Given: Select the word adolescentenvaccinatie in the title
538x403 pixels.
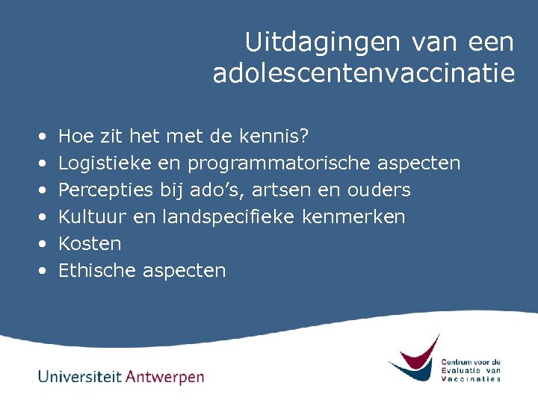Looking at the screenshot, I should pos(364,74).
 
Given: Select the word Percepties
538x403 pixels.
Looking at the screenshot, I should pos(106,190).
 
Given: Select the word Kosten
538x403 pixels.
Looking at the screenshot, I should pos(90,244).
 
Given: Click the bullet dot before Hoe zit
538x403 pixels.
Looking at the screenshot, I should pos(42,137).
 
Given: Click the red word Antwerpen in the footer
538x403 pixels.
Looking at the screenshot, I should pos(165,377).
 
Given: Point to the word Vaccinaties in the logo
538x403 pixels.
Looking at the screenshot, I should pos(471,379).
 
